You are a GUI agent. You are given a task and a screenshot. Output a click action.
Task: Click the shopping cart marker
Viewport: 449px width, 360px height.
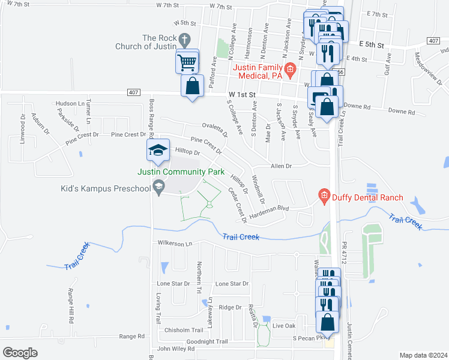(x=187, y=61)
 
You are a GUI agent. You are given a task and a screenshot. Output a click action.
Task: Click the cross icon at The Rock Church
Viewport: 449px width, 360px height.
(x=185, y=41)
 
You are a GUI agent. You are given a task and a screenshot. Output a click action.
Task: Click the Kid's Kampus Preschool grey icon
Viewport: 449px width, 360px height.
(x=158, y=188)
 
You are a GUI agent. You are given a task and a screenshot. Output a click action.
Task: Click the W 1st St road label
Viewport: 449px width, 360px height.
(x=242, y=95)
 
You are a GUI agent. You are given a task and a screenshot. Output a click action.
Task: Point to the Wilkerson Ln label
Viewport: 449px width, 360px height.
(x=174, y=243)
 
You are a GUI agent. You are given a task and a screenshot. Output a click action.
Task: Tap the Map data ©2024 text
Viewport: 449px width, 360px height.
(x=423, y=355)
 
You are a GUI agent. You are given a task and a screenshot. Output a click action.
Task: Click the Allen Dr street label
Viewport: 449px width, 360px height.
(x=280, y=166)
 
